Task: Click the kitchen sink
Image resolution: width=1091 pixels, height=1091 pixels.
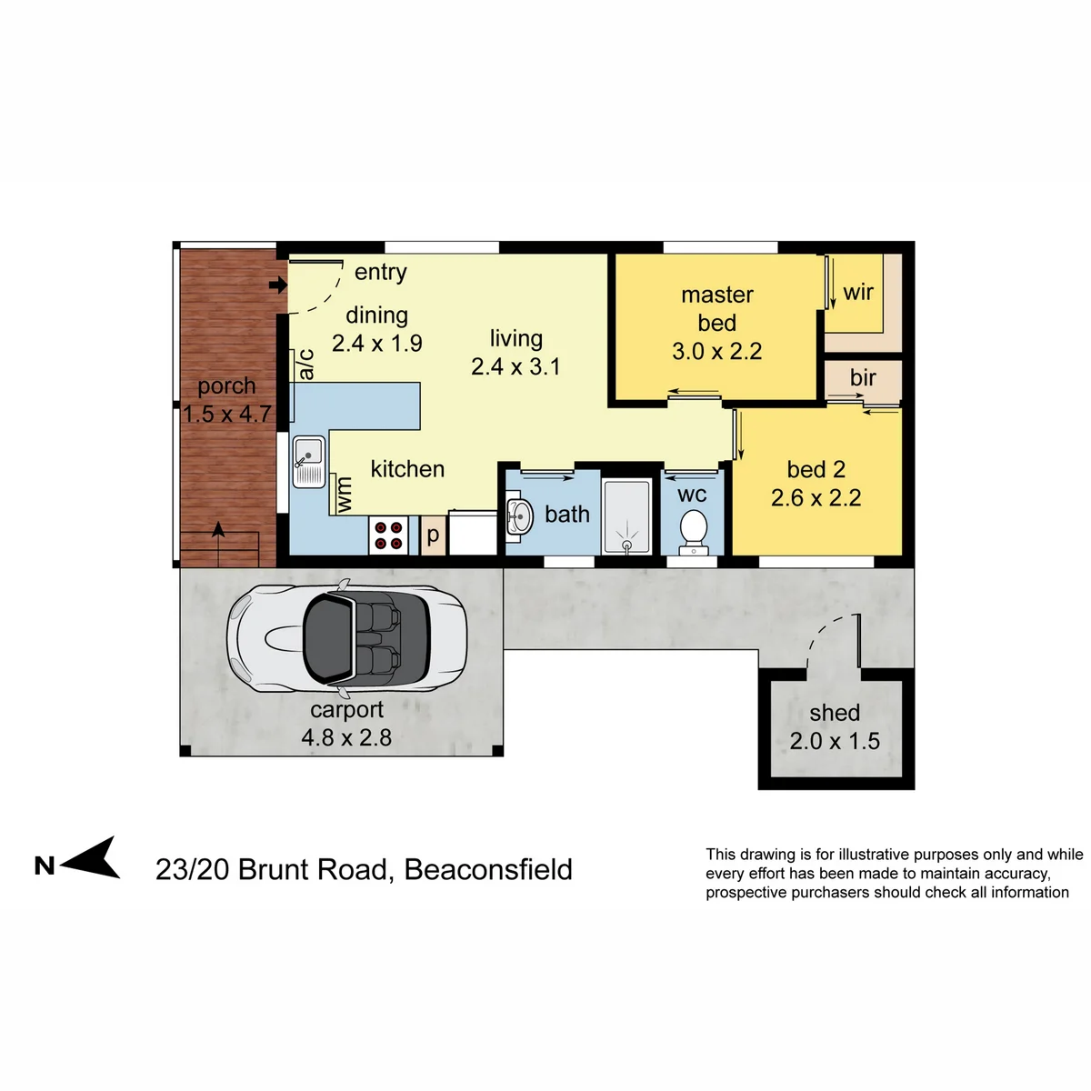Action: tap(308, 461)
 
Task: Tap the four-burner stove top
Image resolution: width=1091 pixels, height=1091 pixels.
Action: tap(388, 535)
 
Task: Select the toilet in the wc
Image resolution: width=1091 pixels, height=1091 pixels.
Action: tap(693, 532)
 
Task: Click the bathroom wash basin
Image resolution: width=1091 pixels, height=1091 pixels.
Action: tap(519, 516)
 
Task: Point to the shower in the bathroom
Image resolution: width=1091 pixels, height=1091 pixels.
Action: tap(626, 515)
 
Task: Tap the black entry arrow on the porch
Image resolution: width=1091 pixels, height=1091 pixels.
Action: tap(278, 285)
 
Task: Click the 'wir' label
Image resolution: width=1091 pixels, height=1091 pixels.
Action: tap(857, 293)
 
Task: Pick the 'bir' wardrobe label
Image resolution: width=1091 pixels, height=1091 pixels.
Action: tap(863, 377)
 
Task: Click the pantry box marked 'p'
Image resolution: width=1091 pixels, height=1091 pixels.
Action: tap(433, 535)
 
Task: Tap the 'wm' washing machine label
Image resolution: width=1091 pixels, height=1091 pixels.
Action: tap(343, 495)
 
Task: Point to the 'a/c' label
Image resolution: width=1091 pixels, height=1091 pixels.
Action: tap(306, 364)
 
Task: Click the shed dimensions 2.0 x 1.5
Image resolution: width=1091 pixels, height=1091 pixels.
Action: tap(835, 741)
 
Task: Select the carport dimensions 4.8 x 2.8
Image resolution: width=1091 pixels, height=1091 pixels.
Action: tap(346, 737)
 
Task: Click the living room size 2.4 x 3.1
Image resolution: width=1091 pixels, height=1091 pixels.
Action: tap(515, 366)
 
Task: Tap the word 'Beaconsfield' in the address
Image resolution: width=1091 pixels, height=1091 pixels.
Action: tap(488, 869)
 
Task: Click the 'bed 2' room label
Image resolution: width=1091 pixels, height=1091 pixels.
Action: tap(816, 469)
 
